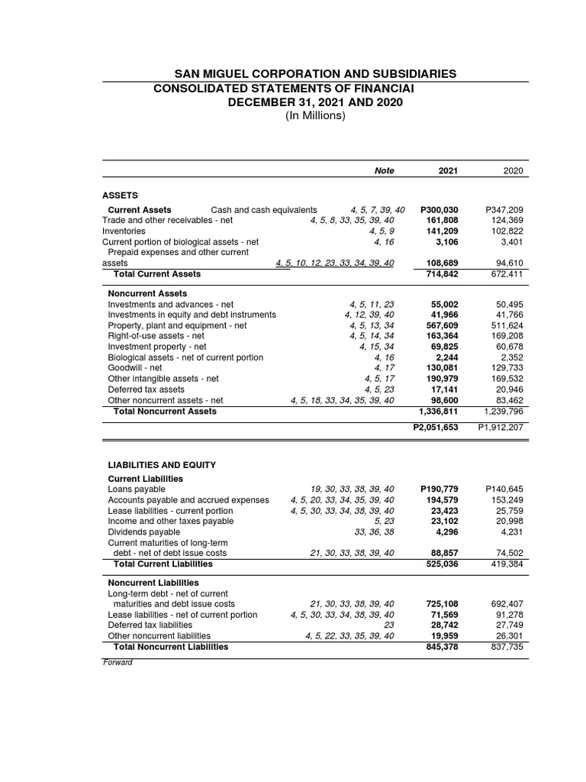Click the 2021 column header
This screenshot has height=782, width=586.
[448, 171]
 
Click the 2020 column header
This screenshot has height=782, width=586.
[514, 171]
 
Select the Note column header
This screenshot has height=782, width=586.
[385, 171]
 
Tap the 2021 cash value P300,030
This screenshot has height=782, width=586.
[439, 210]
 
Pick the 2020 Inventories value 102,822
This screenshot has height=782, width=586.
[506, 231]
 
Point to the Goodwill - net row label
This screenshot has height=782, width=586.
[135, 367]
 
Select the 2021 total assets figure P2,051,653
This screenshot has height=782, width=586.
[435, 427]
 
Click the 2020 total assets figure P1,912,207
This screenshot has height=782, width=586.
[501, 427]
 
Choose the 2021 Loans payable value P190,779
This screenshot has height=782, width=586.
[439, 489]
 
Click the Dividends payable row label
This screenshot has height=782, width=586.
[144, 532]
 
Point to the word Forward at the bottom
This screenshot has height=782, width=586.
[118, 662]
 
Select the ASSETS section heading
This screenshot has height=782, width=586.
[121, 195]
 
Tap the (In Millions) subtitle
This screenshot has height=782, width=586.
[315, 116]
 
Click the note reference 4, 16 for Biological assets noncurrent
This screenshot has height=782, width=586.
[384, 357]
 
